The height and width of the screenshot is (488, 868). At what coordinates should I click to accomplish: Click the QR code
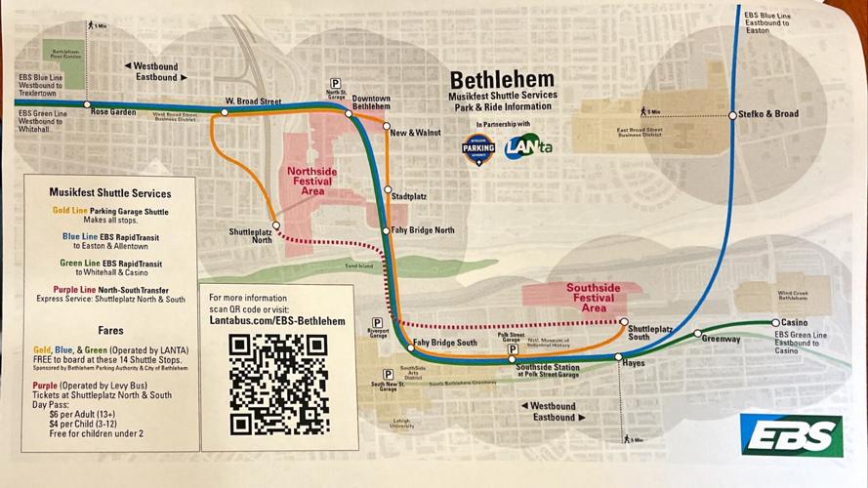277,385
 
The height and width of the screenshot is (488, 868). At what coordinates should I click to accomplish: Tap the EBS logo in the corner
790,434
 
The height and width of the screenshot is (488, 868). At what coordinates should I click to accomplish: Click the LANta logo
528,148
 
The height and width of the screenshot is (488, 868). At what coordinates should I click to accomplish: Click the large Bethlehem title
501,80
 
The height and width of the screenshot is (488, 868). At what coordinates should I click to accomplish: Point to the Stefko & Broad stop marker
732,115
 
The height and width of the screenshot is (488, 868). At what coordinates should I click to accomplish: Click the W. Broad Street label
252,101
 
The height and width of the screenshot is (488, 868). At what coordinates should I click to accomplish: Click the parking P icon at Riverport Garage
376,322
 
